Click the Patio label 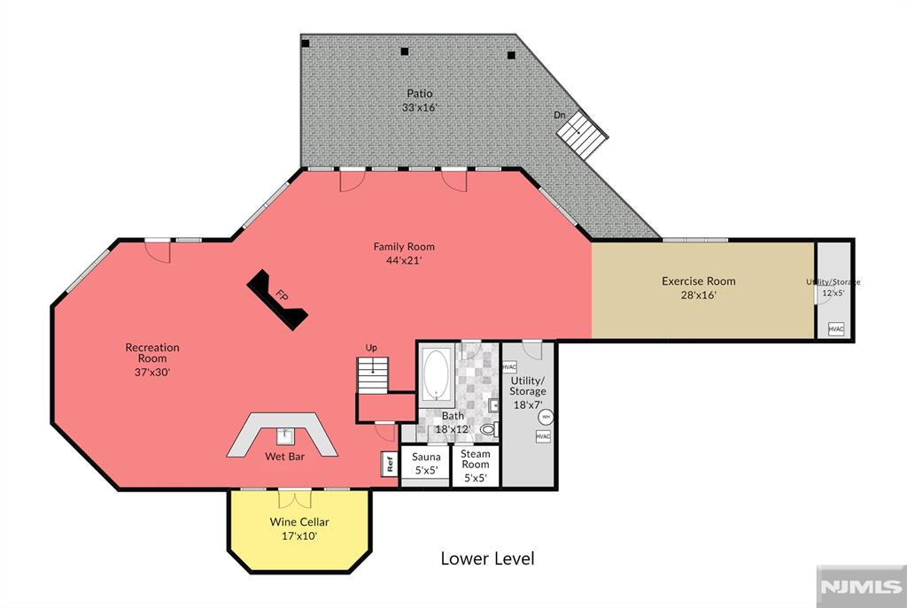[x=419, y=93]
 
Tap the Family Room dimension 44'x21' [x=404, y=260]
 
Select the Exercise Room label [x=698, y=281]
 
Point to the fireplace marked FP [x=277, y=299]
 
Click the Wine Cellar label [x=299, y=521]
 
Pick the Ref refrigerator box [x=390, y=464]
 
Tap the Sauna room [x=426, y=466]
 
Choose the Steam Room [x=476, y=466]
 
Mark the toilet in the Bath [x=489, y=429]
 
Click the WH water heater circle [x=546, y=417]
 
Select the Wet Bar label [x=284, y=457]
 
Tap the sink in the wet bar [x=285, y=436]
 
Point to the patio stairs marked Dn [x=581, y=135]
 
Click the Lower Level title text [x=488, y=558]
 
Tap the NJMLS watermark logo [x=861, y=587]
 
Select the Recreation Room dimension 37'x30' [x=152, y=373]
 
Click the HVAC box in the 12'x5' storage [x=836, y=329]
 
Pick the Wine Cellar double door [x=294, y=498]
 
